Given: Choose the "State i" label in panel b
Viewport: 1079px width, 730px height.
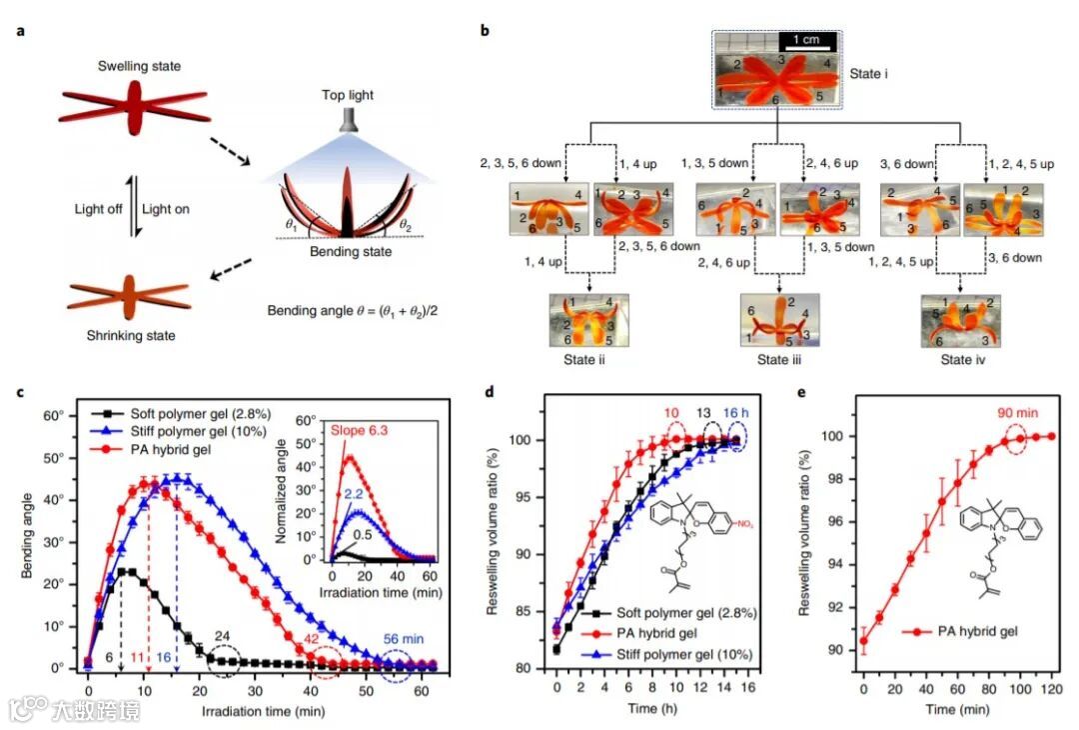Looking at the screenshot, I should pyautogui.click(x=866, y=73).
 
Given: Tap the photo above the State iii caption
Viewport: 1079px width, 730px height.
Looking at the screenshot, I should pyautogui.click(x=779, y=320).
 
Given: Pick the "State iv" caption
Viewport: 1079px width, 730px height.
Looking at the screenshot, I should pyautogui.click(x=960, y=360).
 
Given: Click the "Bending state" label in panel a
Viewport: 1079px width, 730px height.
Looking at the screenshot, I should pyautogui.click(x=349, y=251).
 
